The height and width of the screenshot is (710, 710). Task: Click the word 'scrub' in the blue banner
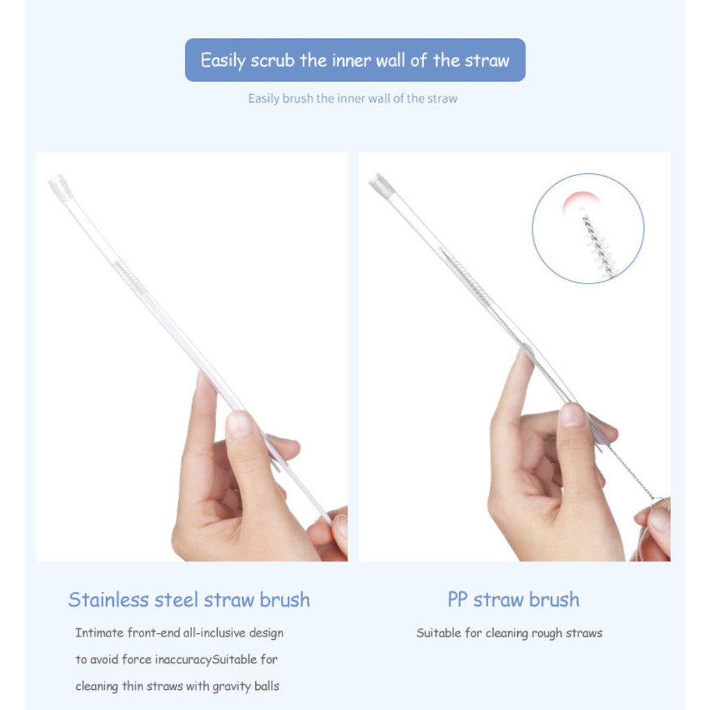tap(272, 60)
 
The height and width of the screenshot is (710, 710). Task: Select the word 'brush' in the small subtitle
tap(297, 98)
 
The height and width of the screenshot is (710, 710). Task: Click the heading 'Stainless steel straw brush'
tap(189, 600)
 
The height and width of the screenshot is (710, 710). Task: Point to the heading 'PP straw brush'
tap(514, 600)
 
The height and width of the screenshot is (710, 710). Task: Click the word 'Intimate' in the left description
tap(99, 632)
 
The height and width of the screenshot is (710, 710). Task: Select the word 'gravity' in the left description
tap(232, 686)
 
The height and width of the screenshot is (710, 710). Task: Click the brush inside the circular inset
tap(599, 246)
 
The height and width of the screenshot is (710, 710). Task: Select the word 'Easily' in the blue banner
tap(223, 61)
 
